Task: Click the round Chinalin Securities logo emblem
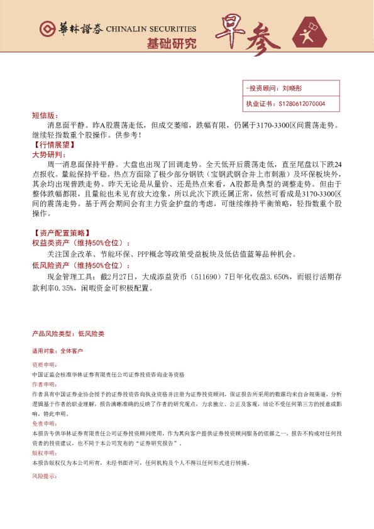pyautogui.click(x=46, y=29)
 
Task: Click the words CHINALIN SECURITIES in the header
pyautogui.click(x=151, y=30)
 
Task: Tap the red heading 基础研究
pyautogui.click(x=171, y=43)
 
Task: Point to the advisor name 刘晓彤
pyautogui.click(x=292, y=89)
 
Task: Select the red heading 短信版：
pyautogui.click(x=45, y=116)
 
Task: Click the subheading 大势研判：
pyautogui.click(x=48, y=154)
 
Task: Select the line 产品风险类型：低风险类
pyautogui.click(x=68, y=334)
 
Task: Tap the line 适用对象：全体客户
pyautogui.click(x=57, y=351)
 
